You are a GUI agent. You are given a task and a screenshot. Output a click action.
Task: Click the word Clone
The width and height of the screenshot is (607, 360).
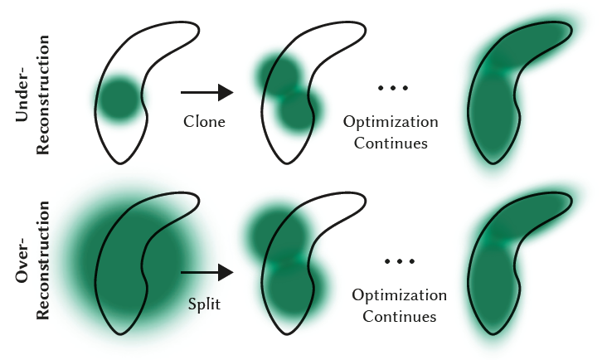click(204, 122)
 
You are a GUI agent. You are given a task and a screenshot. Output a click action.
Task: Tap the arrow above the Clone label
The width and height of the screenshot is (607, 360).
click(206, 93)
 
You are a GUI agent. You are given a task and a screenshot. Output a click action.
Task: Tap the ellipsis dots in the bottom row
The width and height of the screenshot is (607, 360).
click(399, 261)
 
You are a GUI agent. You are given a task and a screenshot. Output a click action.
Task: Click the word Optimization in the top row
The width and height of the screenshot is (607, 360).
click(391, 122)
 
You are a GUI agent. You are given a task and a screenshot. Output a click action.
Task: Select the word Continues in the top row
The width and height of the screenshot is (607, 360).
click(391, 143)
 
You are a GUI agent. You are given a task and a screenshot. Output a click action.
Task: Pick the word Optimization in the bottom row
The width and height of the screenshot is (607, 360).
click(399, 295)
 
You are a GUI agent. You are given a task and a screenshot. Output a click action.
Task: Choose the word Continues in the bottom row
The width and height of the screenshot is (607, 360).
click(399, 316)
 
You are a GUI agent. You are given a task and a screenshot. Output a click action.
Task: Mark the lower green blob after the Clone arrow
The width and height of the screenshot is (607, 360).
click(298, 111)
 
